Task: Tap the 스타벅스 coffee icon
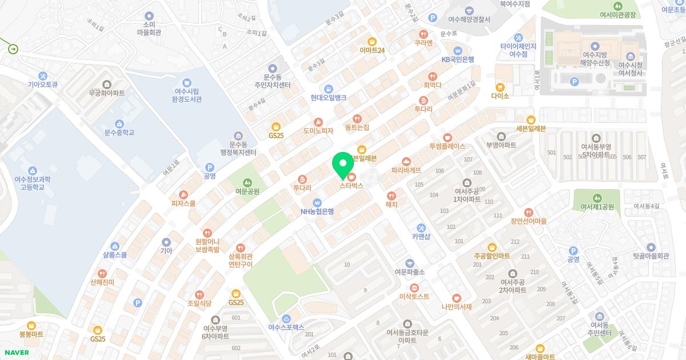click(352, 176)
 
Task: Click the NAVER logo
click(15, 353)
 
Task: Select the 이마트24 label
click(372, 50)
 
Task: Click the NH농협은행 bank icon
click(317, 202)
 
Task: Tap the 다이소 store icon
click(500, 87)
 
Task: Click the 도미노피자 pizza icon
click(318, 122)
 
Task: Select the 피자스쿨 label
click(184, 203)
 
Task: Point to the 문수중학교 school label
click(119, 133)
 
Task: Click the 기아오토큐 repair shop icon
click(43, 76)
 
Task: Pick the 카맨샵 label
click(421, 237)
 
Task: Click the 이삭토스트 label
click(414, 297)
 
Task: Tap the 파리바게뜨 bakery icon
click(406, 161)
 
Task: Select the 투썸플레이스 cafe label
click(448, 146)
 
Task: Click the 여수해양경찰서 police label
click(469, 19)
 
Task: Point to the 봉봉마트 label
click(31, 334)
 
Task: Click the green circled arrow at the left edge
click(13, 49)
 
